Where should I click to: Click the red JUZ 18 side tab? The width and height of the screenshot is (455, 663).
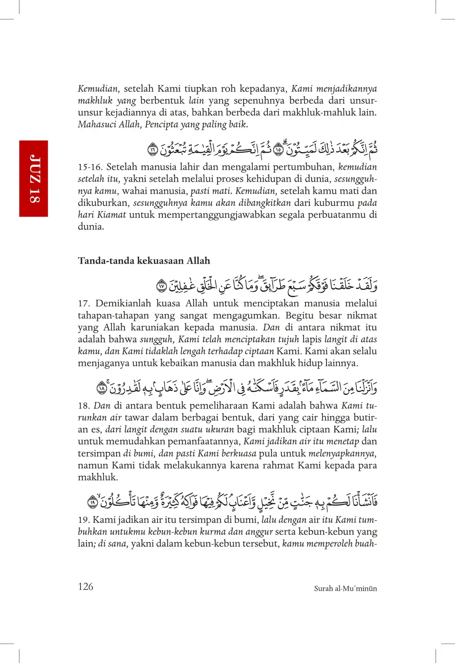(x=33, y=179)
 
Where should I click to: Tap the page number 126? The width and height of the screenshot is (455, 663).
(x=85, y=587)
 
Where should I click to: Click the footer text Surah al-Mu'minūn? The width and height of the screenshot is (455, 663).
(x=345, y=589)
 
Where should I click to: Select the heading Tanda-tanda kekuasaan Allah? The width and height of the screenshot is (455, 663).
(x=144, y=261)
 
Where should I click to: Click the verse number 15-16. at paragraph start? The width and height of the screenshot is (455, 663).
(x=90, y=167)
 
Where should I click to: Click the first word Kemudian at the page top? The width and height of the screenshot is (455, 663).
(x=98, y=89)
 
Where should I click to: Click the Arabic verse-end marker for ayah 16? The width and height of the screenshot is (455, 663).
(x=152, y=150)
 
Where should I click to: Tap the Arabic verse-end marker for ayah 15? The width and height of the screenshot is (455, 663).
(x=278, y=150)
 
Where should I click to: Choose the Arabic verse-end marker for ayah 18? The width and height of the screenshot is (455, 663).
(x=102, y=388)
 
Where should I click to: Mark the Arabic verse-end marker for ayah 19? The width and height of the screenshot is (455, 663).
(x=92, y=502)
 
